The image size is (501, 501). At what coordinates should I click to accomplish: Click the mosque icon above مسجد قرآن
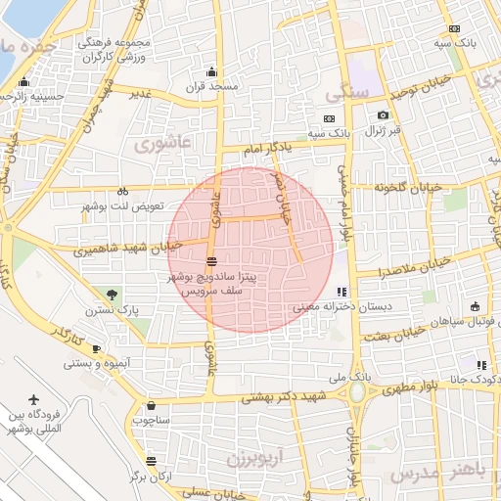tap(213, 71)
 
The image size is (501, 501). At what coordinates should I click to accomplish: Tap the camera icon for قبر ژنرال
tap(383, 114)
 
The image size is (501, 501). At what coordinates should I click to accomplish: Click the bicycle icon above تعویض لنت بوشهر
tap(122, 192)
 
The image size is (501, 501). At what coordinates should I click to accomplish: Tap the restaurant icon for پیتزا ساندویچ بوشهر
tap(211, 261)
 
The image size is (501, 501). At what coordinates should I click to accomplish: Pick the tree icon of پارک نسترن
tap(113, 294)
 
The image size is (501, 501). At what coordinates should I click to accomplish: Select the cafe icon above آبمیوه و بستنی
tap(96, 348)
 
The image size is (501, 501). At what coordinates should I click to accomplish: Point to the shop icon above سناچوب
tap(151, 405)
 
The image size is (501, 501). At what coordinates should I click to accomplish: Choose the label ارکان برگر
tap(152, 477)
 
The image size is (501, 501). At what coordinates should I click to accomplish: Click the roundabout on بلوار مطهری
tap(356, 393)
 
